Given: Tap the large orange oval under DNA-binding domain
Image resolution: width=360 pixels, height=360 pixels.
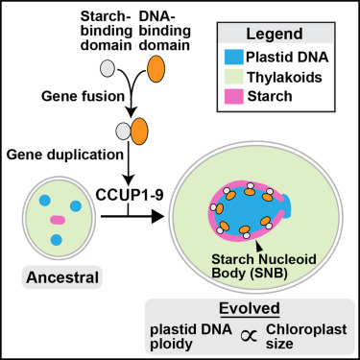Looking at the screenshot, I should point(156,68).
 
